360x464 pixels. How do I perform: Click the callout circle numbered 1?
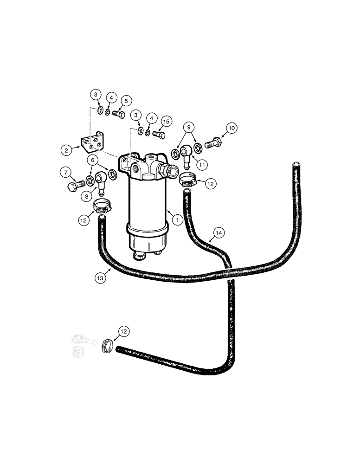tap(177, 220)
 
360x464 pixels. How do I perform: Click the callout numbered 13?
tap(101, 278)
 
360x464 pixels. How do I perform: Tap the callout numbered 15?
tap(167, 122)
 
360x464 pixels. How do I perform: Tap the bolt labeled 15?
tap(158, 134)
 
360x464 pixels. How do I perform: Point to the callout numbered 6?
tap(93, 160)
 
